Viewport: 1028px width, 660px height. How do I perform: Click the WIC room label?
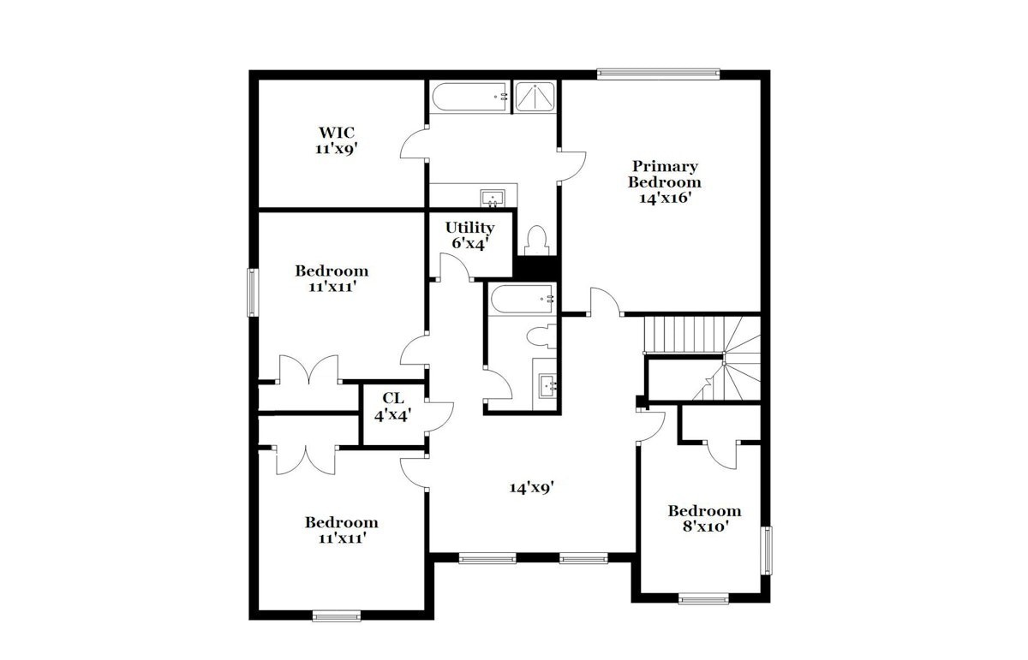click(337, 133)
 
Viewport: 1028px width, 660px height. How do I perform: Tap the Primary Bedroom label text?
click(665, 174)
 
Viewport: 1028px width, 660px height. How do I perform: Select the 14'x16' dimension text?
click(665, 198)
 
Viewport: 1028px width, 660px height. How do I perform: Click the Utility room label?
click(469, 228)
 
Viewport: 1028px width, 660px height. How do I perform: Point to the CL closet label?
click(393, 398)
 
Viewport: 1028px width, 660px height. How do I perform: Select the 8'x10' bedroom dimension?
click(706, 526)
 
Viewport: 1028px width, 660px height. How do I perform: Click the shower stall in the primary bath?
click(535, 97)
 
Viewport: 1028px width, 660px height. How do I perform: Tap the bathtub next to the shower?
click(470, 97)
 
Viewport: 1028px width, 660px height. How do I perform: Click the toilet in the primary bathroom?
click(536, 241)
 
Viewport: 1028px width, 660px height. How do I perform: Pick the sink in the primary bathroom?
click(493, 198)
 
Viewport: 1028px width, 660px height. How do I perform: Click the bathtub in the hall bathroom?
click(522, 299)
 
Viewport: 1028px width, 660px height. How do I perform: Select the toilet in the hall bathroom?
click(541, 336)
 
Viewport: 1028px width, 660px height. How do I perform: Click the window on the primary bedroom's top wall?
click(658, 74)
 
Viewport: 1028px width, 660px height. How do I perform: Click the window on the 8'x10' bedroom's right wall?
click(766, 550)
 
